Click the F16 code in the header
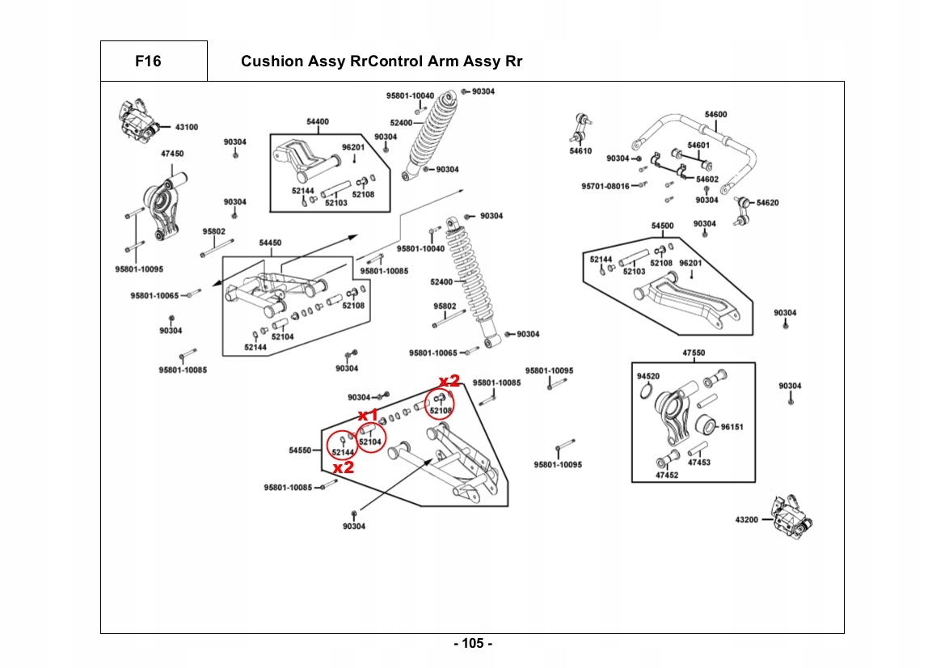click(x=149, y=61)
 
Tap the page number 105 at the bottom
click(x=472, y=644)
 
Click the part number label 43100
click(x=186, y=127)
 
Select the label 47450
click(x=171, y=153)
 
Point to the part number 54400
click(x=318, y=122)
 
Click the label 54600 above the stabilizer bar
click(x=715, y=115)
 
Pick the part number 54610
click(x=580, y=151)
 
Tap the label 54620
click(x=767, y=203)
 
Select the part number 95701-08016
click(x=605, y=186)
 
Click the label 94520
click(x=648, y=377)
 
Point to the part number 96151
click(x=732, y=426)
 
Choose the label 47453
click(x=699, y=463)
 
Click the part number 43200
click(x=746, y=519)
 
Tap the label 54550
click(x=300, y=450)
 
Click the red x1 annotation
click(x=369, y=415)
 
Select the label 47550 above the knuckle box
click(x=694, y=353)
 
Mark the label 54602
click(x=707, y=180)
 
